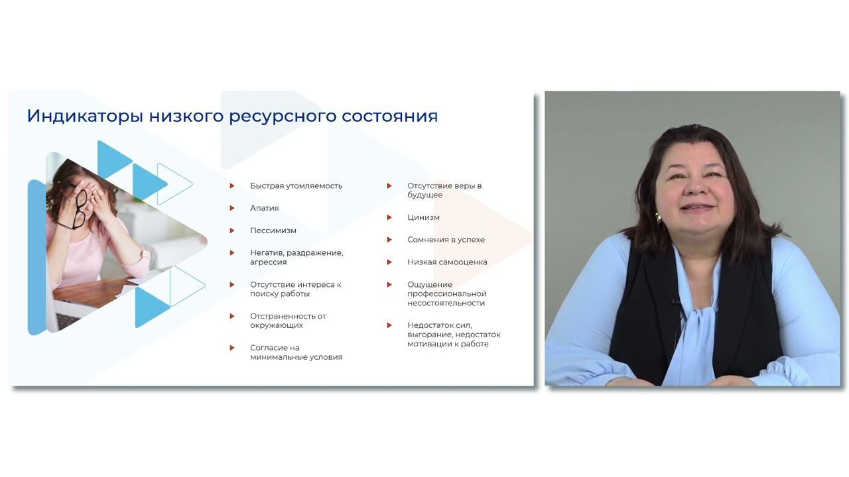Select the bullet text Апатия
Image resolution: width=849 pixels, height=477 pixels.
[264, 208]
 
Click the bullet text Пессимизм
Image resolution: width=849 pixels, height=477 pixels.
[273, 231]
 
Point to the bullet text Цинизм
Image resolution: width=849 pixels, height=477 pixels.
[423, 217]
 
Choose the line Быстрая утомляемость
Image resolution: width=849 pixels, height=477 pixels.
[296, 185]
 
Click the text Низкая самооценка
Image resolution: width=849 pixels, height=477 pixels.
[447, 262]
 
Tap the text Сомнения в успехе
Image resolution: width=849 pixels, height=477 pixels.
[446, 239]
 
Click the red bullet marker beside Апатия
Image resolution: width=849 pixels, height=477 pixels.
[232, 208]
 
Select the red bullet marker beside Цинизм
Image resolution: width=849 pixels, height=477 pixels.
[390, 217]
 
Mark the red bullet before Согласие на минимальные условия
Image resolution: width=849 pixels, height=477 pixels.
[232, 348]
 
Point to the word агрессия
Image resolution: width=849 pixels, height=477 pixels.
[268, 262]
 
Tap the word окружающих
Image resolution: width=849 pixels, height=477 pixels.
[277, 325]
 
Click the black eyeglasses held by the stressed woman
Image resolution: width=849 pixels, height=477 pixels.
[81, 207]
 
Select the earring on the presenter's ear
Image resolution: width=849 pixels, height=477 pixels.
[659, 217]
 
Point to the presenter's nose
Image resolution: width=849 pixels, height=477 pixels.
[694, 186]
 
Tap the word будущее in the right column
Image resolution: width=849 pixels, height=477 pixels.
[424, 195]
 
